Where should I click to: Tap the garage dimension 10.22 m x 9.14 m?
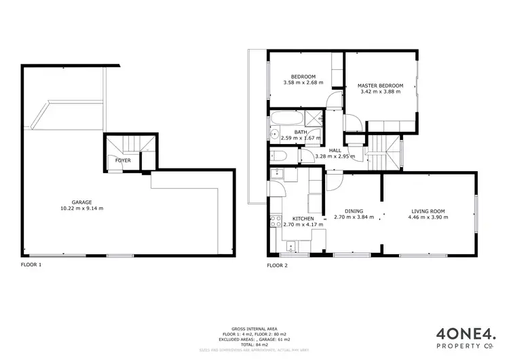[81, 209]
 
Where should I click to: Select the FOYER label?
[123, 160]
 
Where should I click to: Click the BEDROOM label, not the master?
[303, 77]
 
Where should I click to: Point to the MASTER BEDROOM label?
[380, 86]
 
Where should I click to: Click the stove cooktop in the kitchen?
[276, 221]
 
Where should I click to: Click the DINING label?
[354, 211]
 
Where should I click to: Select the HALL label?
[335, 151]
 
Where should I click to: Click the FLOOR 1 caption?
[31, 264]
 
